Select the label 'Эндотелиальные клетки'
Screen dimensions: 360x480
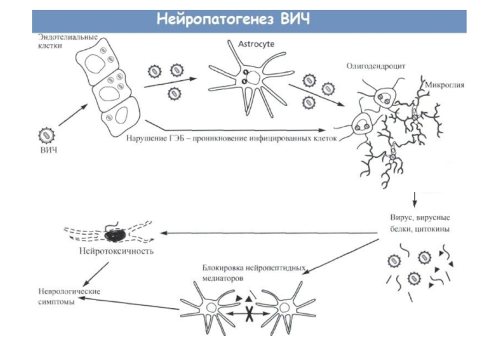click(64, 40)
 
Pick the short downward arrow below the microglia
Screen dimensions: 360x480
click(415, 199)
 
